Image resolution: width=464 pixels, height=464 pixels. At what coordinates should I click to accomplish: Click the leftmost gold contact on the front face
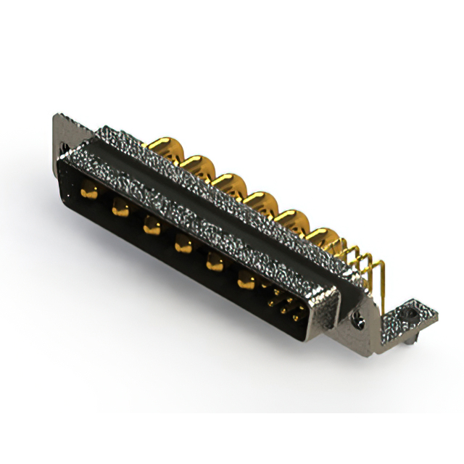pos(89,193)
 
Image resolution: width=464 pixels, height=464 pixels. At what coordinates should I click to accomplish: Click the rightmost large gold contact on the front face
pos(246,279)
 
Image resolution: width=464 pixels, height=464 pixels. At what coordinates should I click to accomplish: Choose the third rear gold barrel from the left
pos(226,181)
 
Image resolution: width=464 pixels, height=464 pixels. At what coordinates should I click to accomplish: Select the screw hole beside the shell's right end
pos(357,318)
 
